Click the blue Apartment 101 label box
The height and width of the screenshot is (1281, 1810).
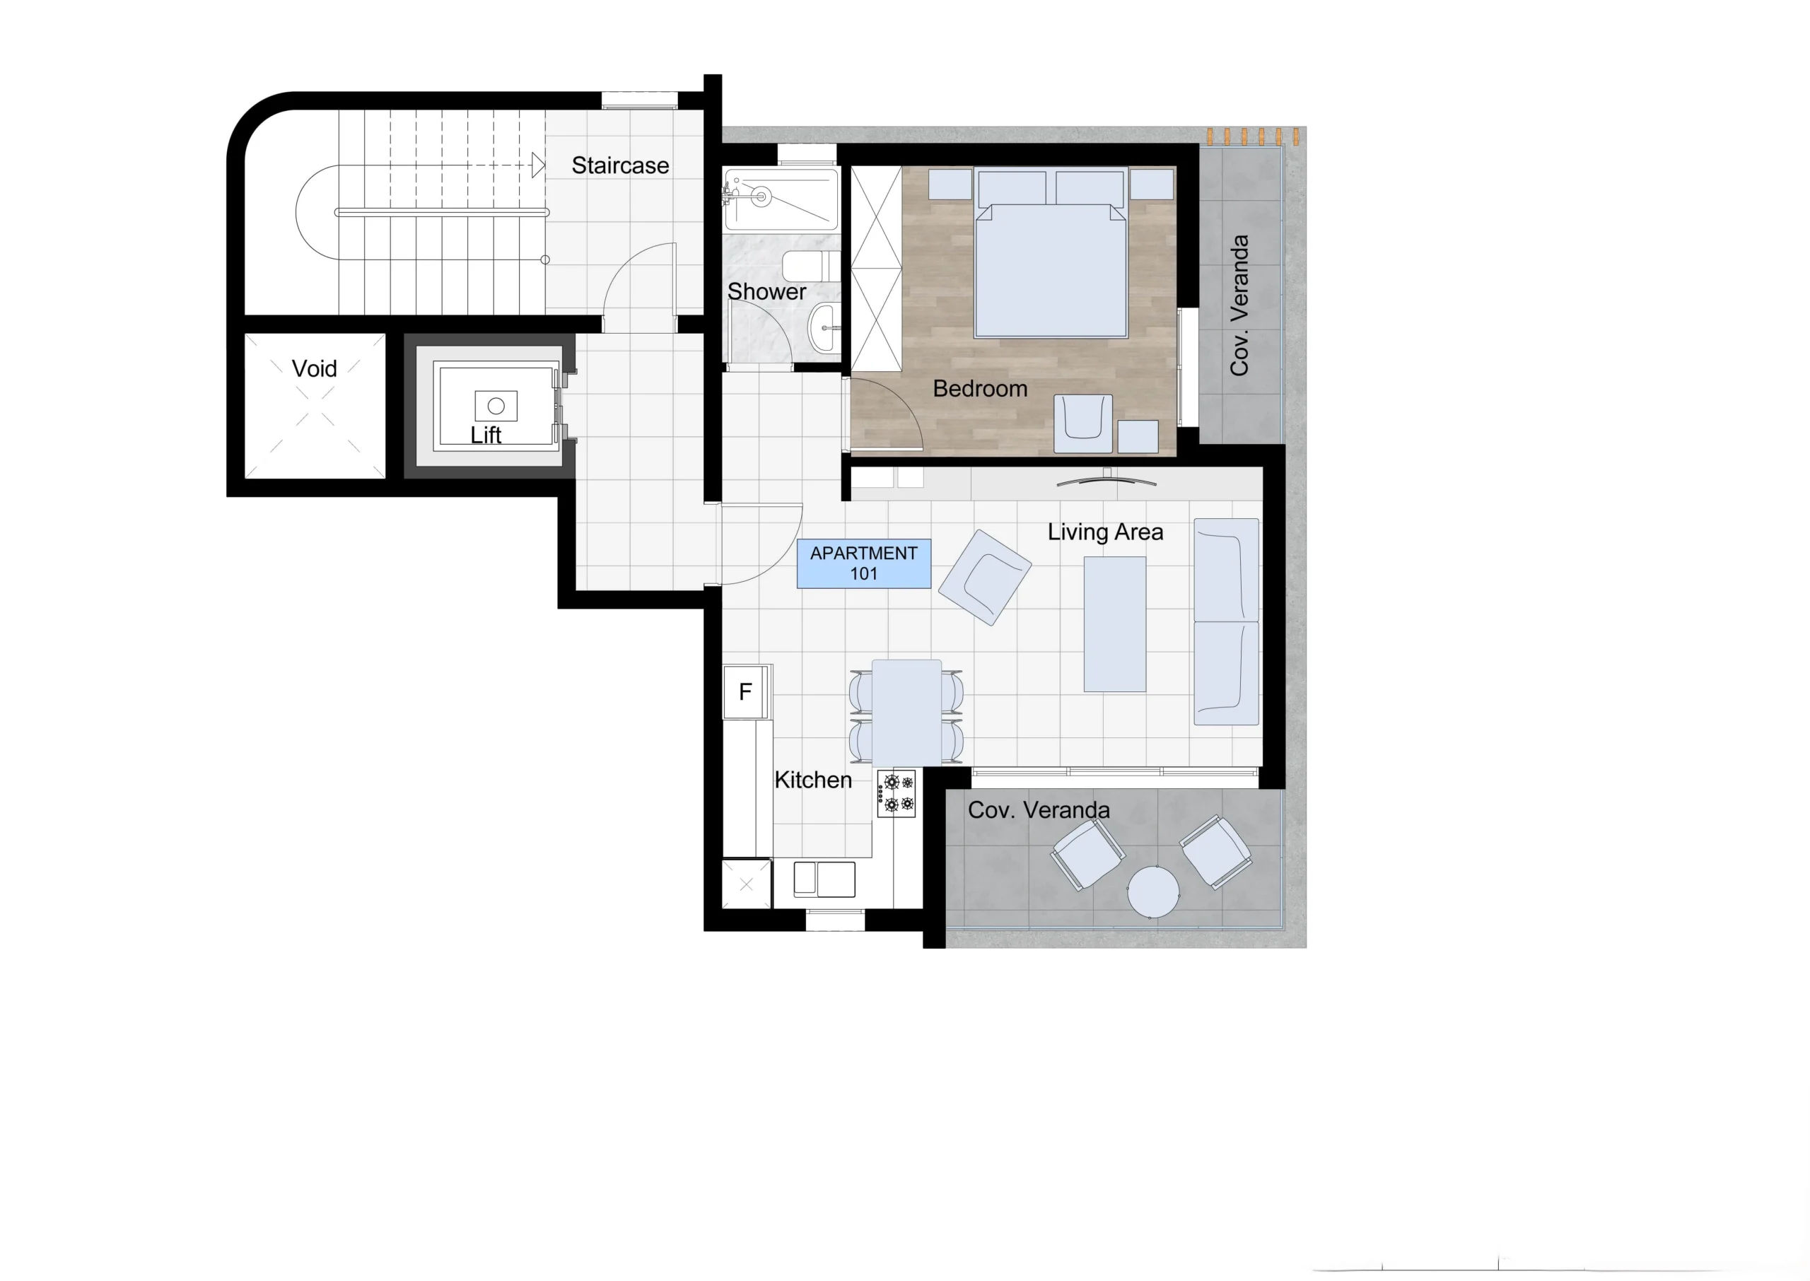coord(863,563)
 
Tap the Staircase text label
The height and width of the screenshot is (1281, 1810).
coord(620,165)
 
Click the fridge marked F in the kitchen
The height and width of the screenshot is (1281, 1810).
coord(745,692)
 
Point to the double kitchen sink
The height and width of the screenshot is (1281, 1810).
coord(824,879)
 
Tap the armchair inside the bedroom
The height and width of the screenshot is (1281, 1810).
coord(1084,424)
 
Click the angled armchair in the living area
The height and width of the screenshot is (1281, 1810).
coord(990,578)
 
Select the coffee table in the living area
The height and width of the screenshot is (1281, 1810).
coord(1114,624)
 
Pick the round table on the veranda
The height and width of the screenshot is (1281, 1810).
coord(1153,892)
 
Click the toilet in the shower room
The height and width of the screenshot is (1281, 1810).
coord(810,266)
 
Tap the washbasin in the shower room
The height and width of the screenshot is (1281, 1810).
coord(824,327)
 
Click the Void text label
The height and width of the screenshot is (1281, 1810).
coord(314,368)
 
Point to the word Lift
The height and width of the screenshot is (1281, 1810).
coord(486,435)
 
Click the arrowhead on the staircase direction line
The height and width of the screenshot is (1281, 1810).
coord(538,165)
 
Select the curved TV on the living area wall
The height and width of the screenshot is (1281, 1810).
coord(1107,479)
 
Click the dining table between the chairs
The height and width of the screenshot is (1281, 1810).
coord(907,713)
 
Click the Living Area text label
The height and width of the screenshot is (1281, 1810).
coord(1105,532)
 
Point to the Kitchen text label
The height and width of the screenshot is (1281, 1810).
coord(813,780)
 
